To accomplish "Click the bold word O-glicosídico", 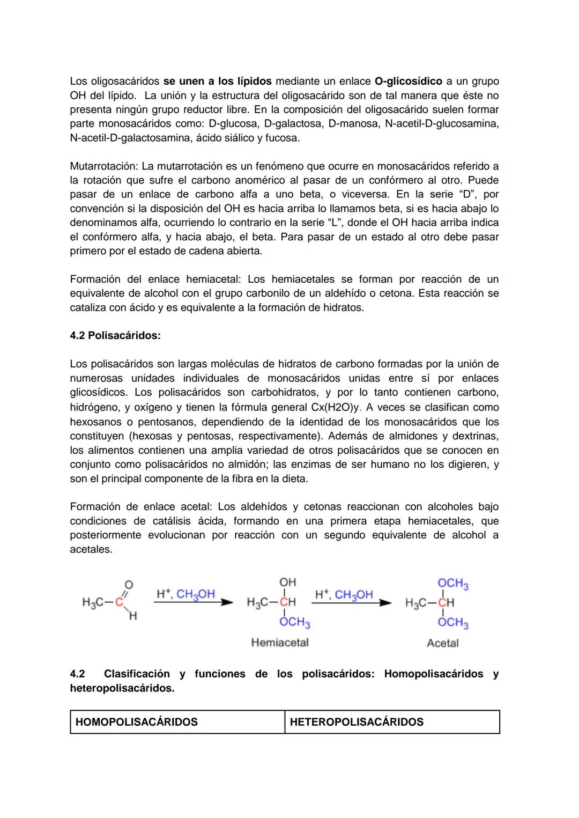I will (408, 82).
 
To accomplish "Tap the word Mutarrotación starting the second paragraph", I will (104, 166).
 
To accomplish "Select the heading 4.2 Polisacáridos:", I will (115, 336).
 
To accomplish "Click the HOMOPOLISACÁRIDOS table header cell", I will (177, 722).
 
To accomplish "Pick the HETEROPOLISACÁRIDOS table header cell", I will (392, 722).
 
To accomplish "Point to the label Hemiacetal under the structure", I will (280, 643).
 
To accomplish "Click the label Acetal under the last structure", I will (442, 643).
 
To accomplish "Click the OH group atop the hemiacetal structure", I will (287, 583).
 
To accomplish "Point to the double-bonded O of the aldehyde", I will (129, 584).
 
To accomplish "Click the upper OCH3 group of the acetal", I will (453, 584).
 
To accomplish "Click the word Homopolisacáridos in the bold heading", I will (434, 674).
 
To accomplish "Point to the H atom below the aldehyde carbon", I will (132, 617).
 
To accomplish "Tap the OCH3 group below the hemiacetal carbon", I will (294, 623).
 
